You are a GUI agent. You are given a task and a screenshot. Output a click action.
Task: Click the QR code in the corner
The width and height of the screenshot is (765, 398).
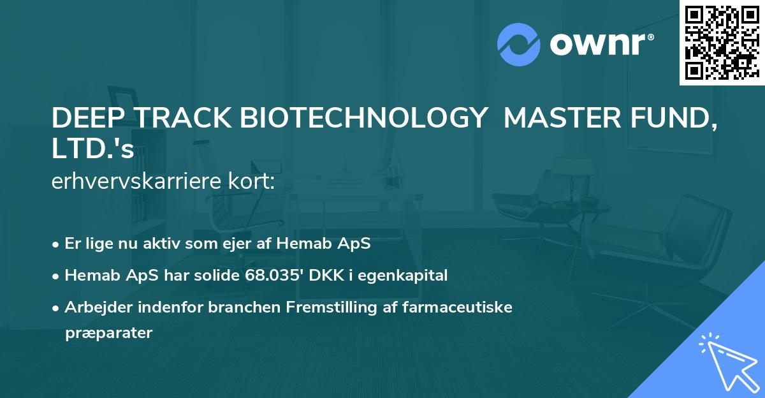[722, 43]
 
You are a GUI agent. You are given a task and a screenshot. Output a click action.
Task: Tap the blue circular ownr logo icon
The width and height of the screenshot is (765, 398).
[519, 45]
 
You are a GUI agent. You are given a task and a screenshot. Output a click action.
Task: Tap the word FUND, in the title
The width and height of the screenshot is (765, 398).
[675, 119]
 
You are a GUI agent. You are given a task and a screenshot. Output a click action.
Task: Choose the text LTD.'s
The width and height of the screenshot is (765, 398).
[92, 149]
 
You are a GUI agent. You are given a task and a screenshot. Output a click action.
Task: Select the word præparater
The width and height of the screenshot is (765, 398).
[108, 333]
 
